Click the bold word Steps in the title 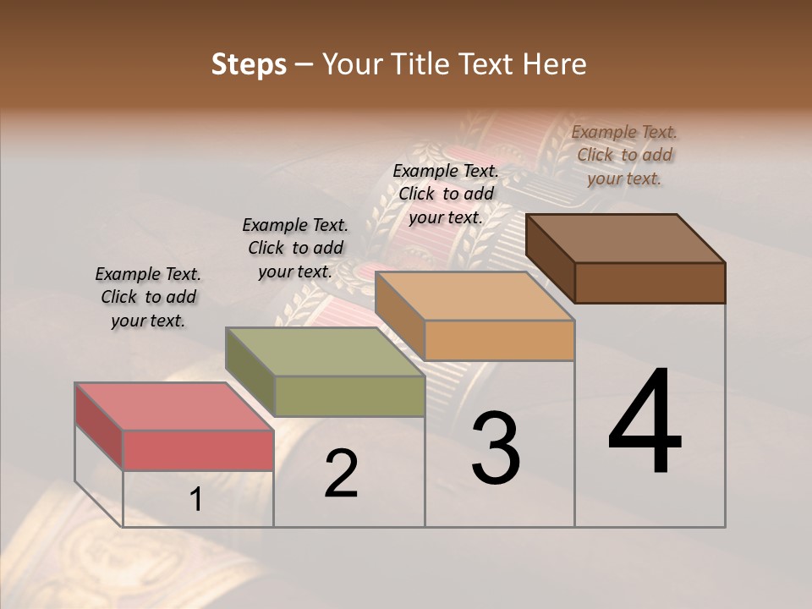[x=249, y=64]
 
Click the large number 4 [x=645, y=423]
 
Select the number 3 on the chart [x=496, y=448]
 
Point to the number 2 [x=342, y=474]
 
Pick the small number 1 [x=196, y=500]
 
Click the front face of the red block [x=198, y=450]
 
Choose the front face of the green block [x=349, y=396]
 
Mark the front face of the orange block [x=500, y=340]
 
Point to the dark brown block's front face [x=650, y=283]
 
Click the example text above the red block [x=148, y=297]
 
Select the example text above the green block [x=295, y=248]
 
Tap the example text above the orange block [x=446, y=194]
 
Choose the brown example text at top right [x=624, y=155]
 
